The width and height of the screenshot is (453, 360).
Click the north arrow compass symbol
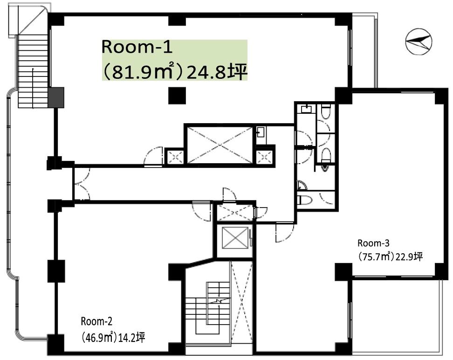tap(419, 42)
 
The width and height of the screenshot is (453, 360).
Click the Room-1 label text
tap(137, 47)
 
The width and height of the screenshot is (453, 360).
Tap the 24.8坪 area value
tap(217, 73)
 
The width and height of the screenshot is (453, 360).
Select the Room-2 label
tap(96, 321)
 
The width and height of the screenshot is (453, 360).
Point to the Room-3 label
tap(374, 243)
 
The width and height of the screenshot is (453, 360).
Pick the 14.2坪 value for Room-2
tap(131, 338)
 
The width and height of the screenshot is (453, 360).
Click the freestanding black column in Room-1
tap(177, 96)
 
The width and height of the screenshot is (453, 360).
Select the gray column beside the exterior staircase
tap(56, 98)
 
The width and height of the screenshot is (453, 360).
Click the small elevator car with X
tap(235, 238)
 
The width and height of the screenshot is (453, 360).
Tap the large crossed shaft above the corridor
tap(220, 145)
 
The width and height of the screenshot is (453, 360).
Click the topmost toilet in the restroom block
tap(326, 112)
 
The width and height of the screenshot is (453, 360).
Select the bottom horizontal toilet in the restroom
tap(305, 200)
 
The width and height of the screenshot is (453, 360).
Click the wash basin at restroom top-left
tap(306, 109)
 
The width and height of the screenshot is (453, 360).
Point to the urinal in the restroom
tap(325, 169)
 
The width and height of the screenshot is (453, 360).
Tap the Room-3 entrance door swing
tap(285, 233)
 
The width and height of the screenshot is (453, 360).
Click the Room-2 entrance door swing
tap(202, 211)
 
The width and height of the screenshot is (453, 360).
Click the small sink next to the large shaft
tap(261, 132)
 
